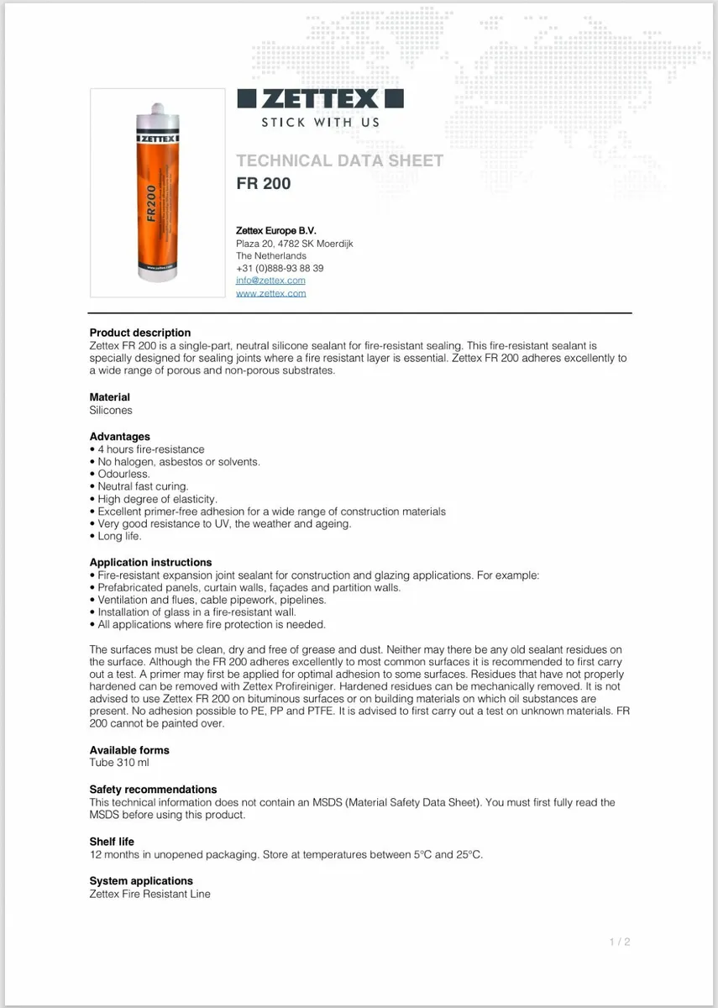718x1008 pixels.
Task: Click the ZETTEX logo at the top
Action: [x=319, y=99]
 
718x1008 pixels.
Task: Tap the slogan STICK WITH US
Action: [x=320, y=123]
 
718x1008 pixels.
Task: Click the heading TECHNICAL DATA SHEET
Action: [x=339, y=160]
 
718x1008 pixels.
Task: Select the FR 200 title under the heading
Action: [x=264, y=183]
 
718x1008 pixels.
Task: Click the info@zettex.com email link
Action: [x=270, y=281]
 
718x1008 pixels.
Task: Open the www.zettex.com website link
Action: [x=270, y=293]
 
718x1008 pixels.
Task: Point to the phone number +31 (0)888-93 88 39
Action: [x=280, y=268]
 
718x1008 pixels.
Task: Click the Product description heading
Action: [x=140, y=333]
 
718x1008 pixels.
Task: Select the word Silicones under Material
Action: [x=111, y=410]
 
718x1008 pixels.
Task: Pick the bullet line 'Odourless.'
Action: [x=123, y=474]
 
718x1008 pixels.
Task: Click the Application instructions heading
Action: [x=150, y=562]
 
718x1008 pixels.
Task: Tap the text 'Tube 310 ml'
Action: [x=119, y=763]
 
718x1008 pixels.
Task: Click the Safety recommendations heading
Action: [x=153, y=789]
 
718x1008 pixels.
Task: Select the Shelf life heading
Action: [x=112, y=841]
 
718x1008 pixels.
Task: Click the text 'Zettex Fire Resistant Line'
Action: [x=149, y=894]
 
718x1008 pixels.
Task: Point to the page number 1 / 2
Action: [x=620, y=942]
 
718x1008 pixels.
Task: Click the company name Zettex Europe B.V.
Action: [x=276, y=230]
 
